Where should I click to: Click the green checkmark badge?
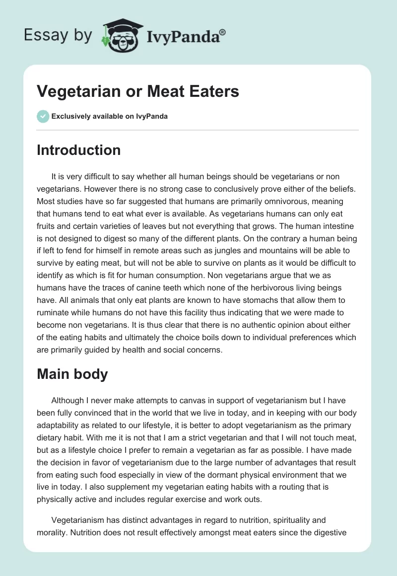coord(43,116)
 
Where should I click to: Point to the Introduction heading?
coord(78,150)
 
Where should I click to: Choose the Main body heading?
coord(72,374)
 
